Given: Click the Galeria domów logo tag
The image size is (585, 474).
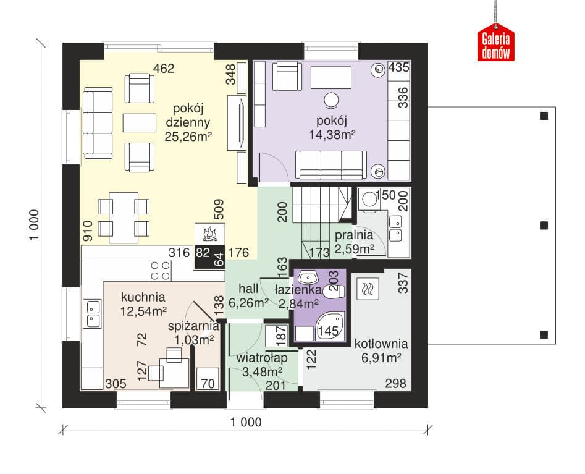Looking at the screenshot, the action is [496, 42].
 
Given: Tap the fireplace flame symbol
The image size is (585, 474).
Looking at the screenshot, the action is [209, 234].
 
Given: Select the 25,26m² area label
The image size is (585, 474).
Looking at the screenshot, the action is [188, 137].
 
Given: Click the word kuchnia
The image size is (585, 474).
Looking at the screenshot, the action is [143, 297].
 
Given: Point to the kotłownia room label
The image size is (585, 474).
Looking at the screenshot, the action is [381, 344].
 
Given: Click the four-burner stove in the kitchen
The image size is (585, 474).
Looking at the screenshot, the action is [161, 271].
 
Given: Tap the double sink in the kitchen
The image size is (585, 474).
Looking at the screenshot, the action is [92, 313].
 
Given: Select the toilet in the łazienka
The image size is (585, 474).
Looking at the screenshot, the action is [334, 292].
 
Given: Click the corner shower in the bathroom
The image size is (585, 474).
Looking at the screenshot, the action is [330, 326].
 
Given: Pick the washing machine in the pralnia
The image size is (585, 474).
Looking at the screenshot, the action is [369, 200].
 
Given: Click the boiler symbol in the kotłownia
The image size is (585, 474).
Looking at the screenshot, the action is [368, 289].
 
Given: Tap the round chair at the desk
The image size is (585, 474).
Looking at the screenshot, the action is [331, 99].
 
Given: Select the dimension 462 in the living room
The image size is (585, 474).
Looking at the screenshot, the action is [164, 69].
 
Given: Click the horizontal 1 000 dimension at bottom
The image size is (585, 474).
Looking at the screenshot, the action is [246, 423].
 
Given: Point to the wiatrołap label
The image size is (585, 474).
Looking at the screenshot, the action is [262, 358].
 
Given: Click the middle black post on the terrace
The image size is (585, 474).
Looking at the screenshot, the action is [544, 226].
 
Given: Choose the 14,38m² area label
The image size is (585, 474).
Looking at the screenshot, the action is [332, 134].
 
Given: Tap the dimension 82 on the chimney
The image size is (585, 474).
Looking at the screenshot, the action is [203, 253].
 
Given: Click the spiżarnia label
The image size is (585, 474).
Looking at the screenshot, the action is [193, 326].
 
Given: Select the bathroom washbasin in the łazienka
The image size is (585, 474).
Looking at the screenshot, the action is [308, 277].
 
